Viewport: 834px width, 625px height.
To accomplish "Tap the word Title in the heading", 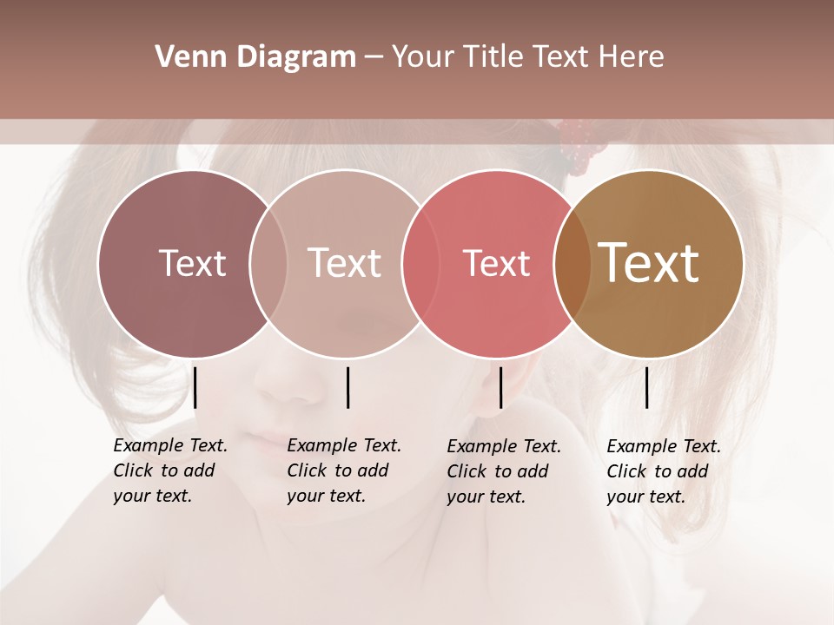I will [493, 57].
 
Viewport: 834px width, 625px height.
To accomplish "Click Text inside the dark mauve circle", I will [192, 263].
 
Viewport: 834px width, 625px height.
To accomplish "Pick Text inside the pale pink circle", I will [345, 263].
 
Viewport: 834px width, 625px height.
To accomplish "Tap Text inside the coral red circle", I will [497, 263].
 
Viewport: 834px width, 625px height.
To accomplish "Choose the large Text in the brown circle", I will [649, 263].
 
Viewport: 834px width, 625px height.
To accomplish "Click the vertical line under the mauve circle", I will [195, 387].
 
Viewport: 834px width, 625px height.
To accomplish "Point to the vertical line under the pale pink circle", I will [347, 387].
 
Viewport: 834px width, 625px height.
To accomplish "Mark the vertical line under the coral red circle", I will [500, 387].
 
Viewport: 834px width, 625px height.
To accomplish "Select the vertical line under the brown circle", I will [646, 387].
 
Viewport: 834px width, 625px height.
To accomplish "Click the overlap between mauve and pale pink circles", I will [268, 263].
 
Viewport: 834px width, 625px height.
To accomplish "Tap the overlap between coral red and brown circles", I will [573, 263].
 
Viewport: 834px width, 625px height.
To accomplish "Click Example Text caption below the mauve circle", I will [170, 470].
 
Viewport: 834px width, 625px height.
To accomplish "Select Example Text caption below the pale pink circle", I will [344, 470].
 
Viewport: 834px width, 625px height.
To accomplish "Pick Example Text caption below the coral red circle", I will [504, 471].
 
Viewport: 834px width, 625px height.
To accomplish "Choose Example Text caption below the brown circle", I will [664, 471].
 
